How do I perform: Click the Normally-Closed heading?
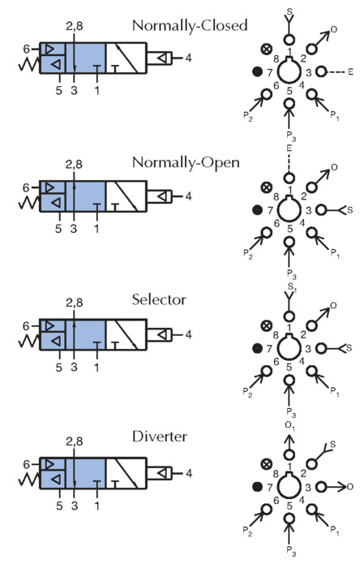coord(190,26)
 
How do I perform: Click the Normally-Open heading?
coord(186,162)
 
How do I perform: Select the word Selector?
coord(159,299)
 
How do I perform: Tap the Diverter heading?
coord(160,437)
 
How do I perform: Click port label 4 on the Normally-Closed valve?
coord(188,58)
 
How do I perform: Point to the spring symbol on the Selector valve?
coord(28,341)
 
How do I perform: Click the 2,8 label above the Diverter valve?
coord(74,441)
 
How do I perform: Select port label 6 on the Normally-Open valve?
coord(26,187)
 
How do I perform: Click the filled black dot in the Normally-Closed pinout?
coord(257,71)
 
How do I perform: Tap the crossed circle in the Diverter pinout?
coord(267,463)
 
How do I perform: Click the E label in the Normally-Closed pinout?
coord(350,72)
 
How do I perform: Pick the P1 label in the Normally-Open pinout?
coord(335,254)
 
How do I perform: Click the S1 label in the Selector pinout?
coord(291,287)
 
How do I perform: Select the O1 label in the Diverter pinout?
coord(290,426)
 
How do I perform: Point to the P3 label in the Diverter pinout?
coord(291,551)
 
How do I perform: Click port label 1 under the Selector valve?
coord(96,367)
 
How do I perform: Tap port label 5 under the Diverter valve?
coord(59,506)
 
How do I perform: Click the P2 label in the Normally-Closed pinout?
coord(247,117)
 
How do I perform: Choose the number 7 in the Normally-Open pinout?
coord(269,210)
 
